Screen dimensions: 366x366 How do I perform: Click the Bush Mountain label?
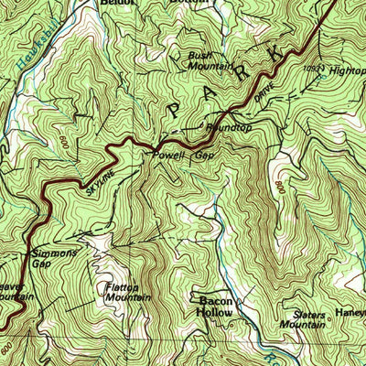(207, 60)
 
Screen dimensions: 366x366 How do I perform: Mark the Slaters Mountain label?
(303, 318)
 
